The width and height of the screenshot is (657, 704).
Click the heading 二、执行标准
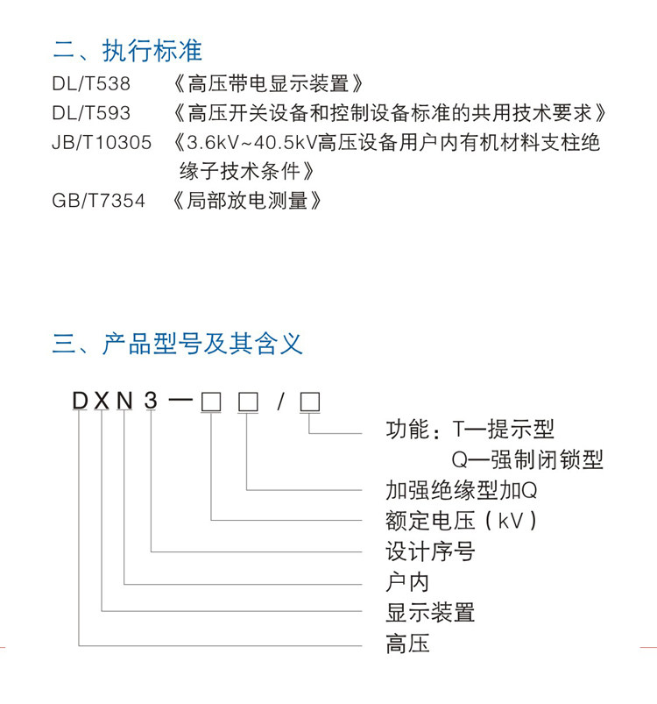tap(127, 51)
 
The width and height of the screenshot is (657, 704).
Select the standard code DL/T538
tap(91, 85)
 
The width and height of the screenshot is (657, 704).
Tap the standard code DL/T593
tap(91, 114)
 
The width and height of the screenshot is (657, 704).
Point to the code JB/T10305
tap(102, 143)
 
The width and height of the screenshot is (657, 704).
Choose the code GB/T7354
tap(99, 201)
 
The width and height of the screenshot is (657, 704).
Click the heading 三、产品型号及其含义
tap(178, 343)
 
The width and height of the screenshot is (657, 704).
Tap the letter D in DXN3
tap(81, 402)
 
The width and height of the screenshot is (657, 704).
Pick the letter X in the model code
tap(103, 402)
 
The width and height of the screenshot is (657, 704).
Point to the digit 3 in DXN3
tap(151, 402)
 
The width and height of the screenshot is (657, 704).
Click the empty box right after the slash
tap(309, 402)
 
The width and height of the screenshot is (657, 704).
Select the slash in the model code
tap(281, 402)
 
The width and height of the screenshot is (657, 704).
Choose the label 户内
tap(407, 581)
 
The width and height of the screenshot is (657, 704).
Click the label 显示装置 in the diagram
tap(430, 611)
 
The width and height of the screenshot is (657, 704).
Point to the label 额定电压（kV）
tap(461, 521)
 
